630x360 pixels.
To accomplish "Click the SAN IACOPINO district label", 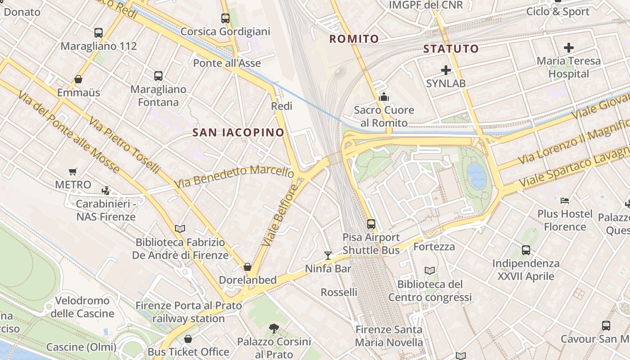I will point(238,132).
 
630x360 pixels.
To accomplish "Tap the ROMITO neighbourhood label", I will point(354,39).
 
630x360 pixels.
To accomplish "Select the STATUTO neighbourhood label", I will point(451,49).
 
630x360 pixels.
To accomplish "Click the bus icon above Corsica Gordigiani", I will point(225,18).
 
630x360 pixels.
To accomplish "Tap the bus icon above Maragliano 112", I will point(99,33).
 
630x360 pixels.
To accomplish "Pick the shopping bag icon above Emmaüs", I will point(78,80).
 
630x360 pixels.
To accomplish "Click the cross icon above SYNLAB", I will point(446,70).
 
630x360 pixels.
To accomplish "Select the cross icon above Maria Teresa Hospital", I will point(569,47).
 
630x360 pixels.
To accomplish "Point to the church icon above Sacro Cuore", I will point(384,97).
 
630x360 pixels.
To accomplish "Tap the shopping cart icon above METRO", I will point(73,171).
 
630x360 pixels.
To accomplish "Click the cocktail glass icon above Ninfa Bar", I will point(328,256).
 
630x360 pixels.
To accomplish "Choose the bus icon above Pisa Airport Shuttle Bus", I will point(371,224).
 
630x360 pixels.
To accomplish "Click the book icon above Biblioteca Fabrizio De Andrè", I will point(180,229).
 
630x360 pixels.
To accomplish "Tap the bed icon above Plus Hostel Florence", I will point(565,200).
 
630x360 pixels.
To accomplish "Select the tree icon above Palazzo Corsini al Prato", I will point(274,328).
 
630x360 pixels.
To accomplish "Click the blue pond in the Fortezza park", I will point(477,175).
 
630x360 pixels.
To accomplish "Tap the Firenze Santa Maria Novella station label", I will point(389,336).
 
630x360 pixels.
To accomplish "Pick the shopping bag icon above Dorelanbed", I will point(247,267).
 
